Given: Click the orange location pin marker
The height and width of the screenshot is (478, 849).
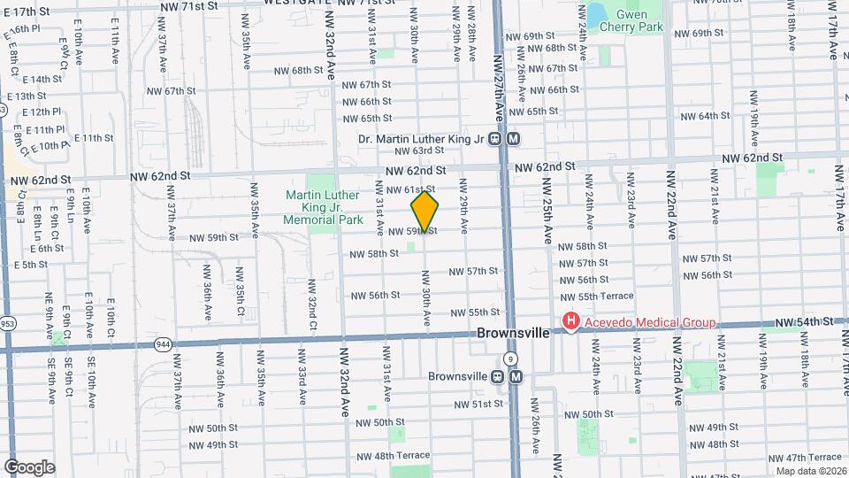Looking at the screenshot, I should pos(425,212).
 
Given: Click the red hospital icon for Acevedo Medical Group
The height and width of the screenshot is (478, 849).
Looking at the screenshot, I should pos(571,322).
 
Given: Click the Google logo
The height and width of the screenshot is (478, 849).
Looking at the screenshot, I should pos(29,466).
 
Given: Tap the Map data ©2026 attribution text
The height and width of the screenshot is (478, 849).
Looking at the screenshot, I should pos(811,471).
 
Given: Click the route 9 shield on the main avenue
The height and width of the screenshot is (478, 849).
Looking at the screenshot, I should pos(510,358).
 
